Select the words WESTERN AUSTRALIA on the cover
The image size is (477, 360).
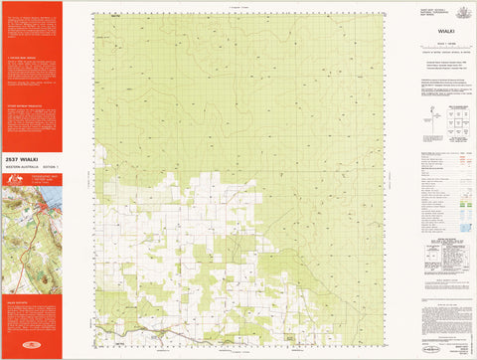pos(20,165)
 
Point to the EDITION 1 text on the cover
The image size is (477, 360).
pos(49,165)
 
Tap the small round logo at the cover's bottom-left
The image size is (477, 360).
pos(9,351)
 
